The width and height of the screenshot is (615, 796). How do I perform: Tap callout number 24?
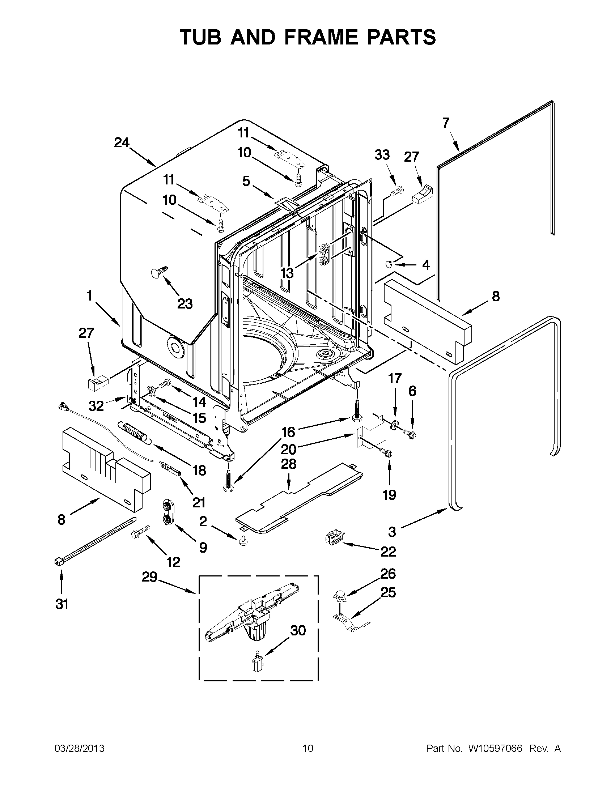click(122, 142)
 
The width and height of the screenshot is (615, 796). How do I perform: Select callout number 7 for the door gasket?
click(446, 123)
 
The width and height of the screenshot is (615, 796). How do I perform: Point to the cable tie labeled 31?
click(96, 540)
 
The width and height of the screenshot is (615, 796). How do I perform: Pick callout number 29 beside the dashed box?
click(149, 577)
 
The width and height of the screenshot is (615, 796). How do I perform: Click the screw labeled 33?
click(396, 191)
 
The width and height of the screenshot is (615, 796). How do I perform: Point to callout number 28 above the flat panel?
click(289, 464)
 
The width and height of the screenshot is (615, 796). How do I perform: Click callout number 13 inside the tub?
click(287, 273)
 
